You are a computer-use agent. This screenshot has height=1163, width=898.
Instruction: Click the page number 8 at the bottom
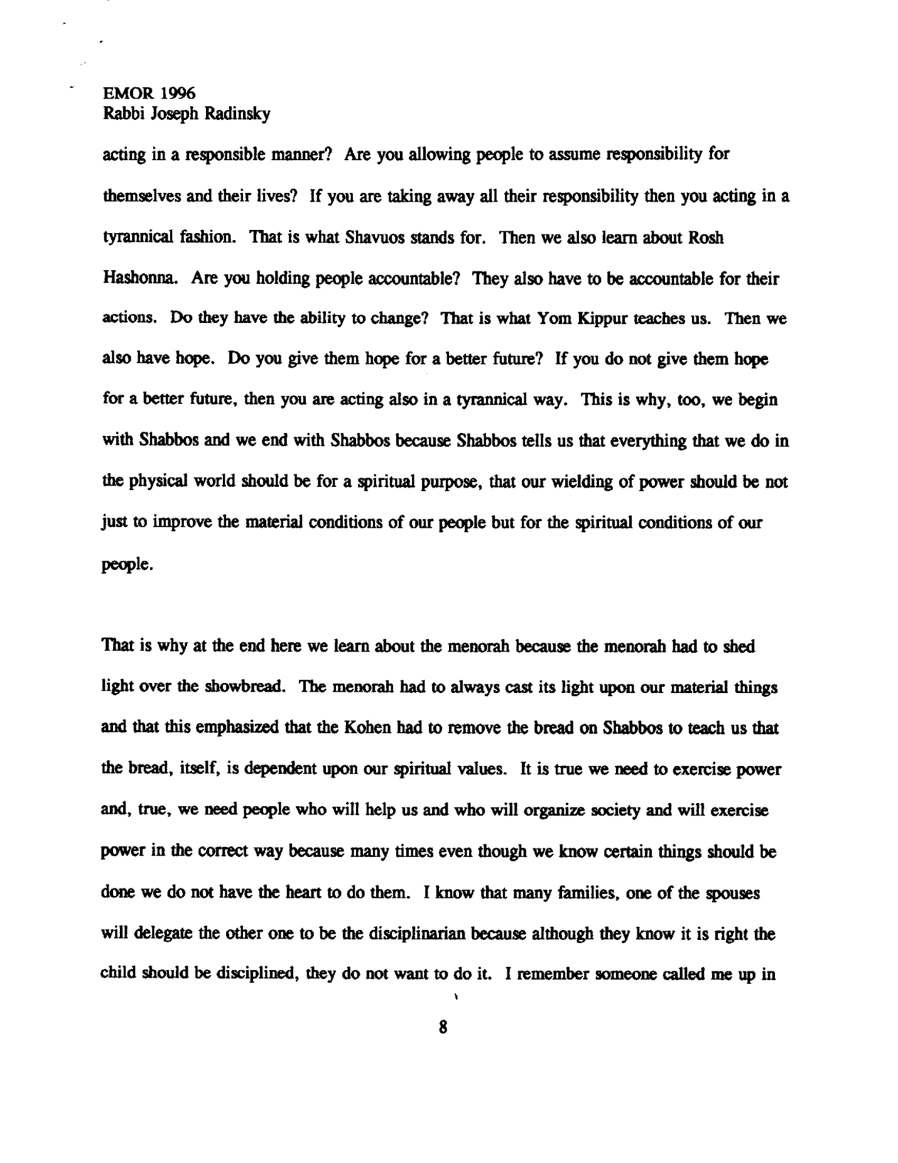(x=443, y=1027)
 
